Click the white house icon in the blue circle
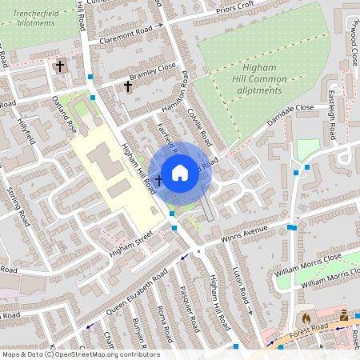[x=180, y=172]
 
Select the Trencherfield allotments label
[x=33, y=13]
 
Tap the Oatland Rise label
[x=64, y=114]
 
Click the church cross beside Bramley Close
[x=127, y=86]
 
